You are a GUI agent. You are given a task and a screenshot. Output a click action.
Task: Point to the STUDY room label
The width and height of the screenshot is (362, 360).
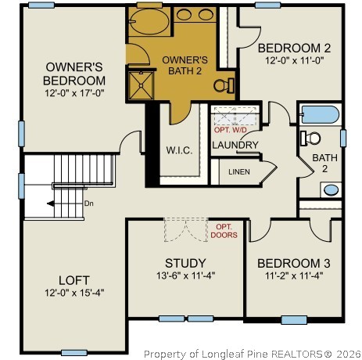coord(185,263)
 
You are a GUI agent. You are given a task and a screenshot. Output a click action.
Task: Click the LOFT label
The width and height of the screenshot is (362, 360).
coord(74,279)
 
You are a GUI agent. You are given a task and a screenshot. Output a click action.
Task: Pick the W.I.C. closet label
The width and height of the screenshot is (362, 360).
coord(179,149)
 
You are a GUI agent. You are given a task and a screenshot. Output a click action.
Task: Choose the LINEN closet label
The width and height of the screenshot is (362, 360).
coord(239,171)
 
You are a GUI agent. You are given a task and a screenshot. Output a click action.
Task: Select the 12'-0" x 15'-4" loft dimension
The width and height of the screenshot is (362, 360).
coord(74,293)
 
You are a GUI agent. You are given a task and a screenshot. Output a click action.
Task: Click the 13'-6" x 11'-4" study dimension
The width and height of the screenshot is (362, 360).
coord(185,275)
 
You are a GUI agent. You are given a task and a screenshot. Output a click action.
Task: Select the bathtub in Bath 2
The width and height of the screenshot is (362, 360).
coord(318,115)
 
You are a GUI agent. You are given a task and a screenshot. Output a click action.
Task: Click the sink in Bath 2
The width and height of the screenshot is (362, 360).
coord(330,189)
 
